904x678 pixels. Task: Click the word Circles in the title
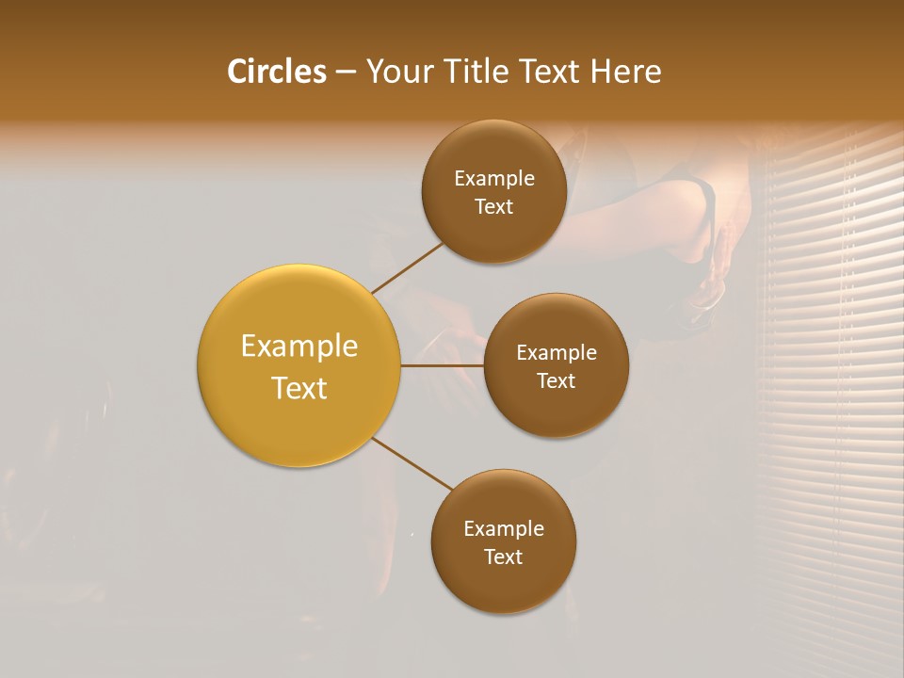[x=276, y=72]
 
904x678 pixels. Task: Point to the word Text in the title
[x=550, y=72]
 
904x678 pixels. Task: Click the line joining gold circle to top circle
[x=407, y=267]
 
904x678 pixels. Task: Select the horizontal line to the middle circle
[x=443, y=365]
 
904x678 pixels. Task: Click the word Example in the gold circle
[x=299, y=347]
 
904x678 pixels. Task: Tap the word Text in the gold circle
[x=299, y=388]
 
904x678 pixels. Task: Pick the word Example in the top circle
[x=494, y=179]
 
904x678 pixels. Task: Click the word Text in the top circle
[x=494, y=207]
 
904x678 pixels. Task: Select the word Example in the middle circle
[x=557, y=353]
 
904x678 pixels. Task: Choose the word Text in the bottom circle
[x=504, y=557]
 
